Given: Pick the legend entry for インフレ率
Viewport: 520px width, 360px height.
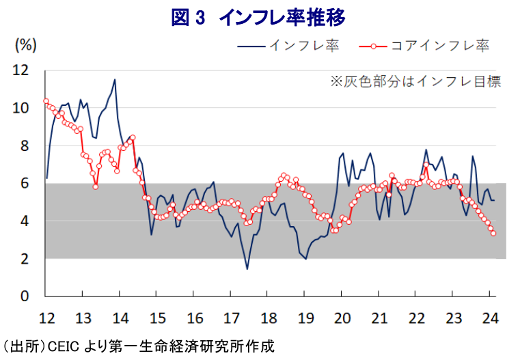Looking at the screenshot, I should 304,46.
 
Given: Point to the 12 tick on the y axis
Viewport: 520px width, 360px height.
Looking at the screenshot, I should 21,70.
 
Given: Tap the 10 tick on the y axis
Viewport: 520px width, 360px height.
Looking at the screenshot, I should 21,108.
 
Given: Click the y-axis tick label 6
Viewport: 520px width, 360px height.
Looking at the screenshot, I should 25,183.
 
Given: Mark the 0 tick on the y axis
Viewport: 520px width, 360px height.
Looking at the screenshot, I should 25,296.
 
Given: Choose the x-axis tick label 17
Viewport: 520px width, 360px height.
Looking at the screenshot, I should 231,317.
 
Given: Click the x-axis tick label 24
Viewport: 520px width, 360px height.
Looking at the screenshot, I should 490,317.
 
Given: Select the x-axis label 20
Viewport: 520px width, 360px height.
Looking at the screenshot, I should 342,317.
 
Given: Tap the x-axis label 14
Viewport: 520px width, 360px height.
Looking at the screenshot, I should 120,317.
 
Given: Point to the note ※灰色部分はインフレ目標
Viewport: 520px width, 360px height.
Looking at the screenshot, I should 415,81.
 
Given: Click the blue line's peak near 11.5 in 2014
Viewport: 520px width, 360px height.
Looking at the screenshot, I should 115,79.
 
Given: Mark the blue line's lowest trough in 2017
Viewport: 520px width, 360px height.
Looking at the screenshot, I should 247,269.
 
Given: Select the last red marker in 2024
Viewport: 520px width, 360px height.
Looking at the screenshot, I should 493,234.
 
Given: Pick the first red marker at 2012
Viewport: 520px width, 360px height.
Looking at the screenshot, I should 45,101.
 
